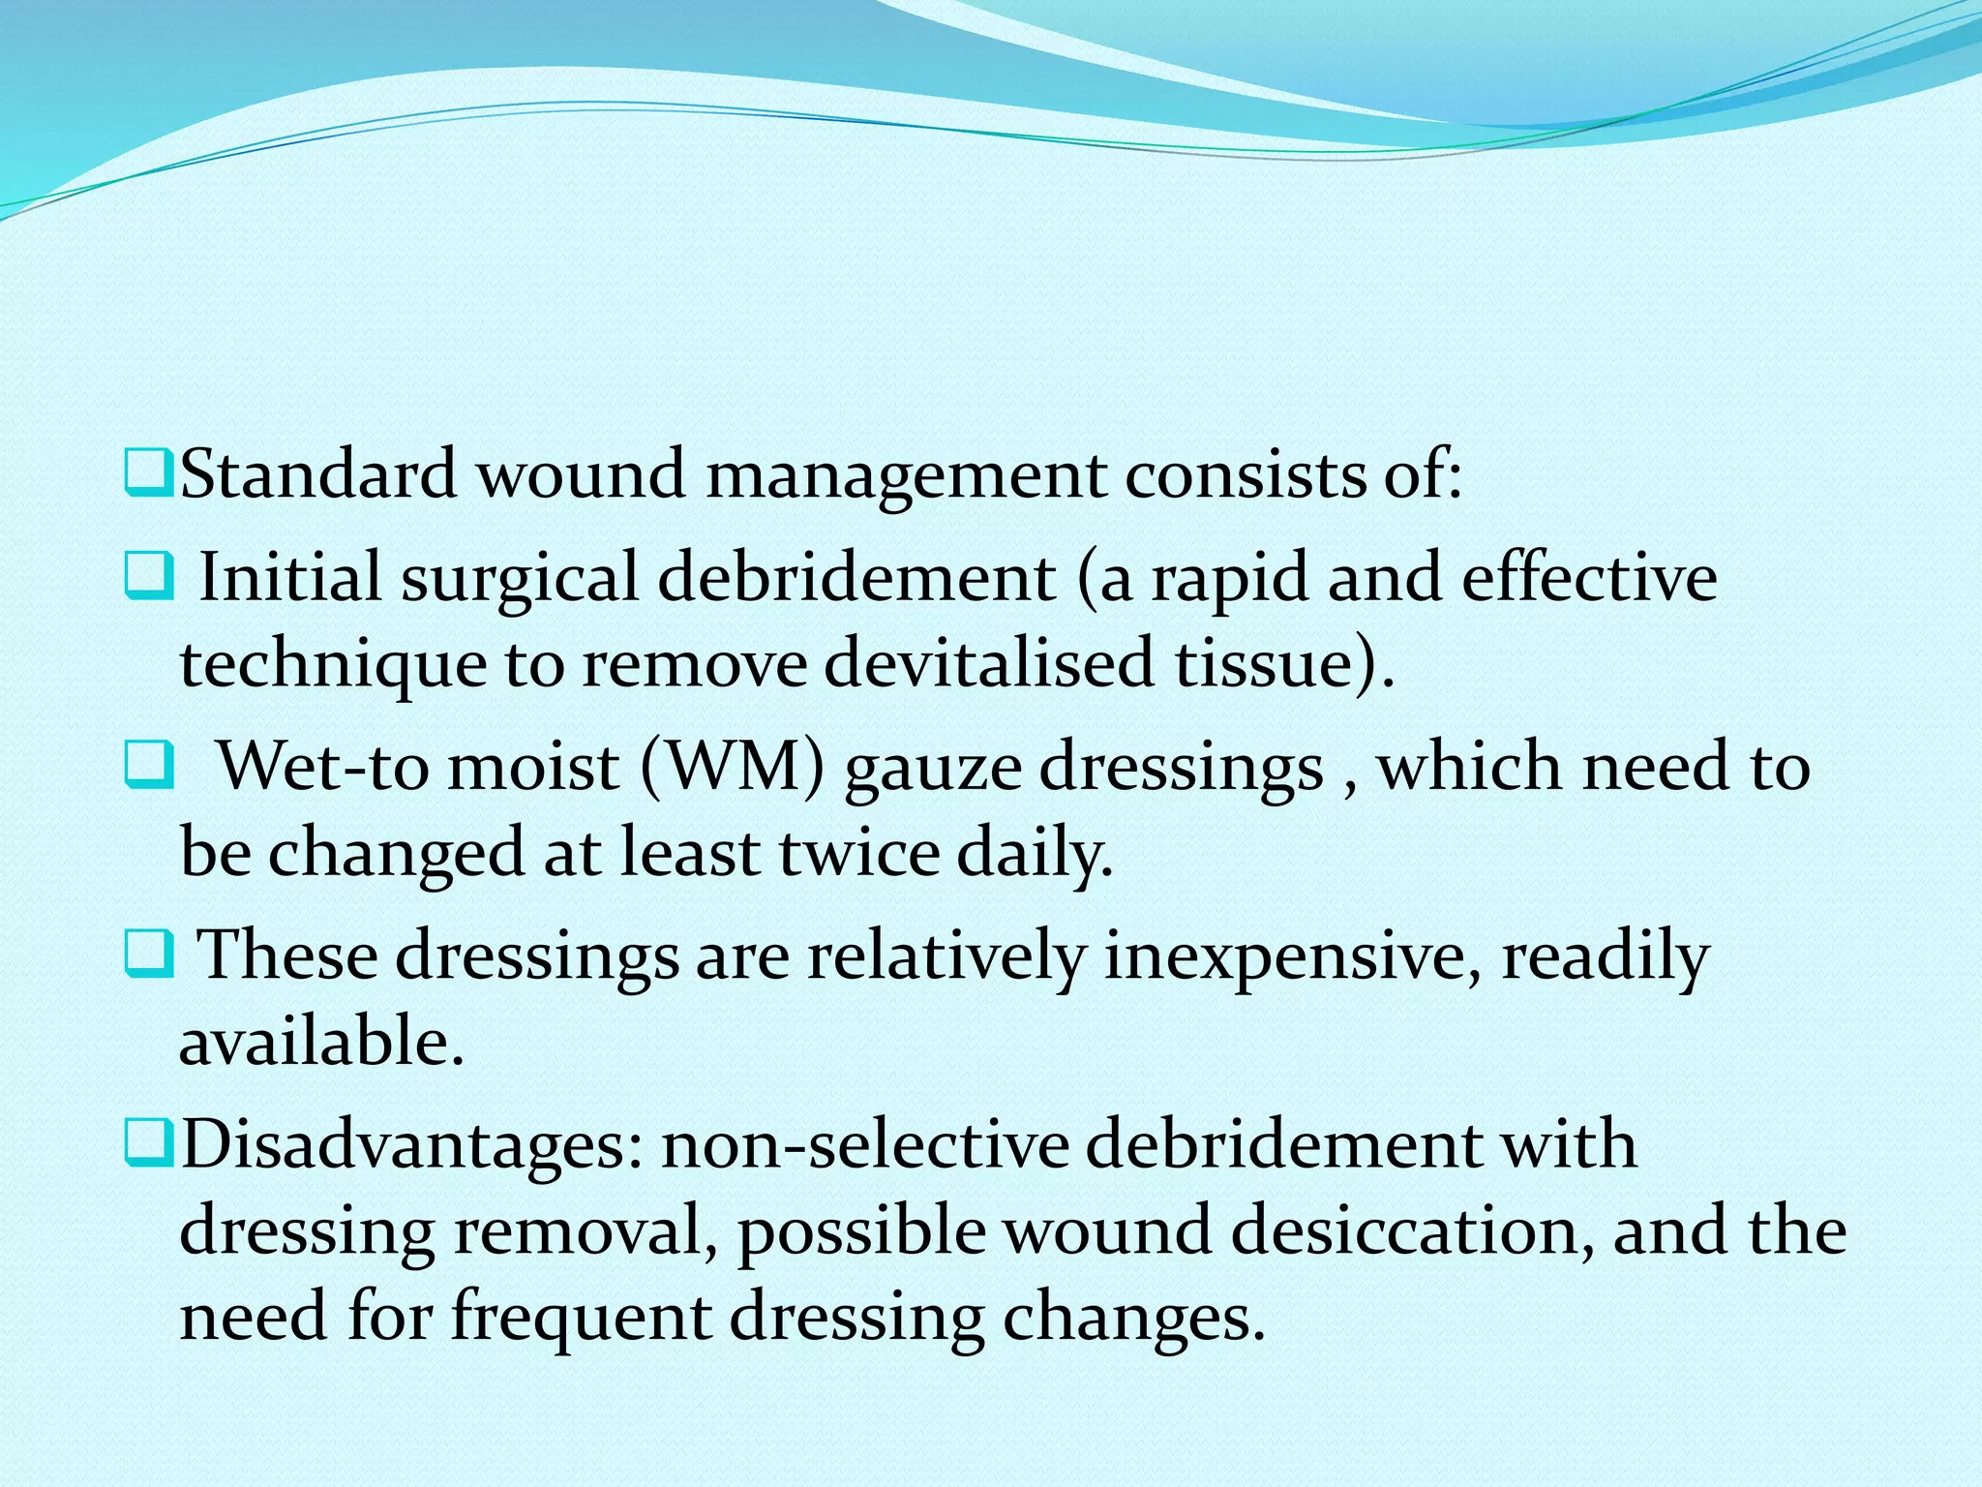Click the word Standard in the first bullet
click(318, 475)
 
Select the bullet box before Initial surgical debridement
click(147, 578)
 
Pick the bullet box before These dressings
click(147, 956)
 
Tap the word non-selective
click(864, 1144)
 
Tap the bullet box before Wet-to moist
click(147, 767)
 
